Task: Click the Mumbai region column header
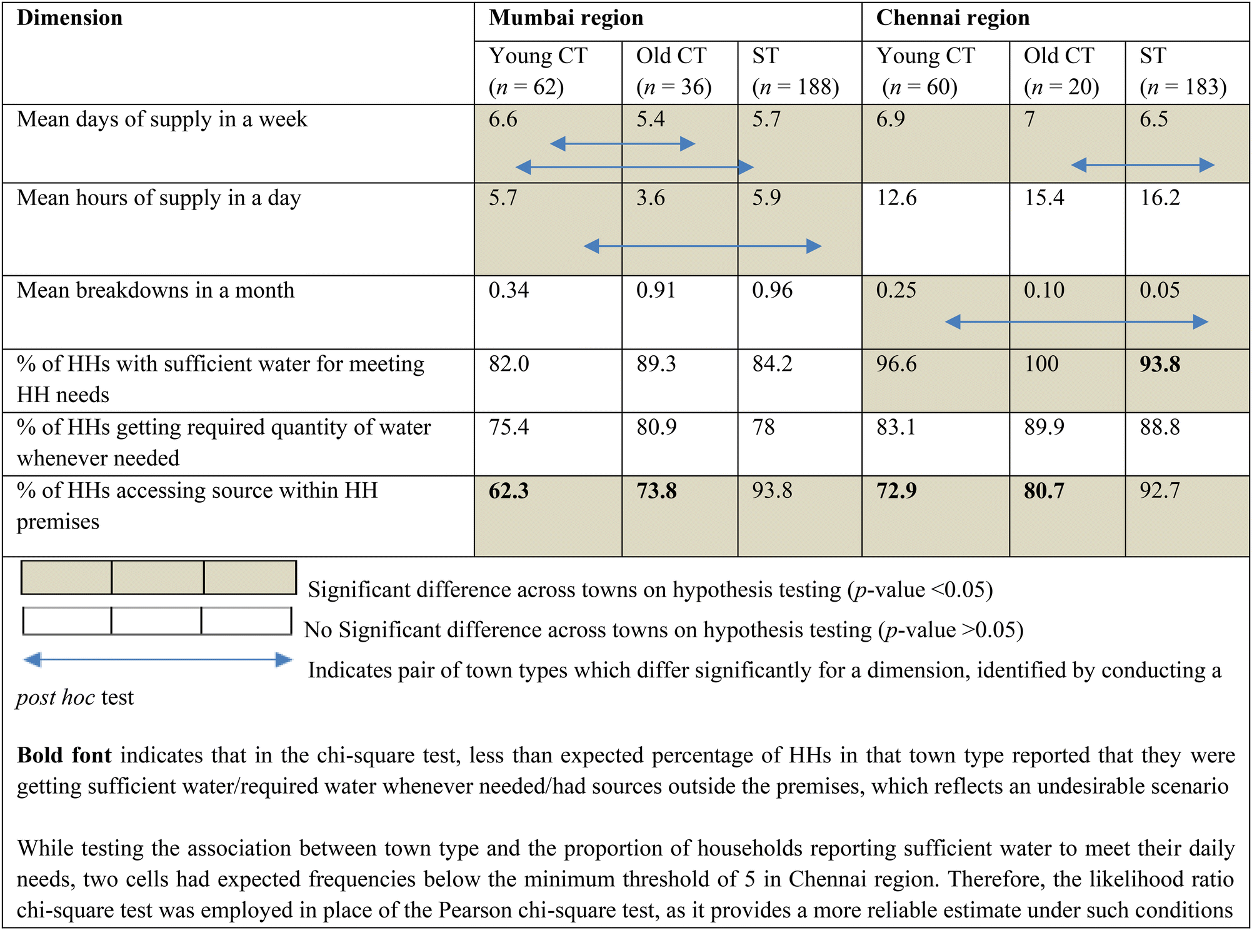click(566, 18)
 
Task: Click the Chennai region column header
click(953, 18)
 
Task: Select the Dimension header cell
click(69, 18)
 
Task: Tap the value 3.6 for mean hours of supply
click(651, 198)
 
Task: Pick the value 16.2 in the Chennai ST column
click(1159, 198)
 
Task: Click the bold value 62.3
click(509, 491)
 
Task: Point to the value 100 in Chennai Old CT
click(1041, 364)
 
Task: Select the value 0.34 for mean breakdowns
click(509, 290)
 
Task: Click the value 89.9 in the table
click(1044, 427)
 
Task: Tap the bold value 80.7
click(1044, 491)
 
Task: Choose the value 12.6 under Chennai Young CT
click(896, 198)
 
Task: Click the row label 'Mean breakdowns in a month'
click(155, 290)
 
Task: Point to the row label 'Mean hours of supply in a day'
click(159, 198)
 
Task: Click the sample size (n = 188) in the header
click(795, 87)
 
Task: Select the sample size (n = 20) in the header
click(1061, 87)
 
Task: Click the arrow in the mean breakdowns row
click(1076, 322)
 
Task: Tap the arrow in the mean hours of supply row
click(703, 246)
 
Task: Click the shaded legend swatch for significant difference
click(158, 577)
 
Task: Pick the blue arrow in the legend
click(158, 660)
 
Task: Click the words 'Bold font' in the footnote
click(64, 756)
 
